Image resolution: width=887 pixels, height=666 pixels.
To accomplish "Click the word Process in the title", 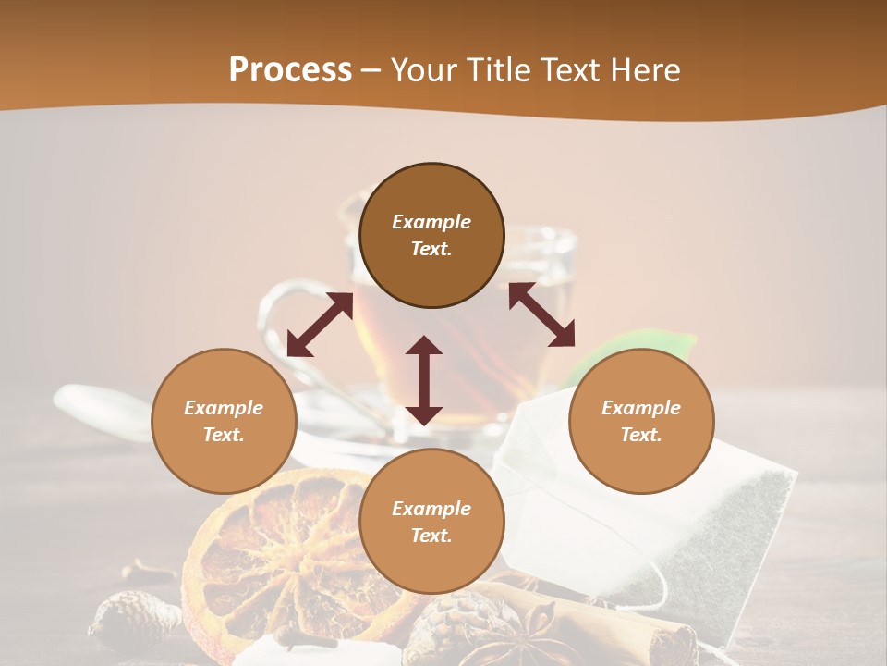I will [x=290, y=70].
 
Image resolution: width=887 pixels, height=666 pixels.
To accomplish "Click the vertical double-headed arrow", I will [x=424, y=380].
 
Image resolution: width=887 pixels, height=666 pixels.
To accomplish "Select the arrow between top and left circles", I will [x=320, y=325].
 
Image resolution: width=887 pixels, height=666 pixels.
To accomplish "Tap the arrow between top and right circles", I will [x=542, y=314].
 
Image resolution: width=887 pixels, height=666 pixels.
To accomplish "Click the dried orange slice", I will [x=277, y=555].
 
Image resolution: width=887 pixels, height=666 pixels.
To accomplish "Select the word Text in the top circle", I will [x=431, y=249].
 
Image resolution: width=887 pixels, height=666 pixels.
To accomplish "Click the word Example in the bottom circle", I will [x=431, y=509].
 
